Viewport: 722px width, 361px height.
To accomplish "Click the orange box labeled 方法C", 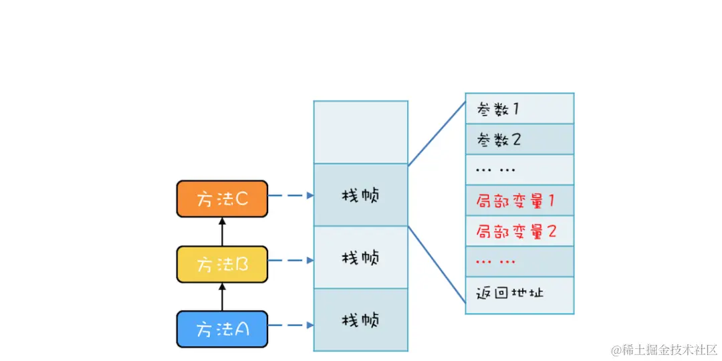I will point(222,199).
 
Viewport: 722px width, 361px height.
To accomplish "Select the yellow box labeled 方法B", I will point(222,264).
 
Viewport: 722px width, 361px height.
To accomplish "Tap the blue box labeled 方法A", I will point(222,329).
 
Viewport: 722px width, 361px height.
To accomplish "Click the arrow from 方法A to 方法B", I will point(223,297).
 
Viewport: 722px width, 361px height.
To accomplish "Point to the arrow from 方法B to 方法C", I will point(223,231).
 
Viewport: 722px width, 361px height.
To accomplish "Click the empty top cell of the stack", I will point(360,132).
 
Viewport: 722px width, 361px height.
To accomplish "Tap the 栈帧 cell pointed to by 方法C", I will point(360,195).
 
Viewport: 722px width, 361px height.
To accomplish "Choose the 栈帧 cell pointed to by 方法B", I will point(360,257).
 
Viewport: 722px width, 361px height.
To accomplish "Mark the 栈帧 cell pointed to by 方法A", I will point(360,320).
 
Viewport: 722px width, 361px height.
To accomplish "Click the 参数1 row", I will point(519,108).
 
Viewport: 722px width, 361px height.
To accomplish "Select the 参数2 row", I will point(519,139).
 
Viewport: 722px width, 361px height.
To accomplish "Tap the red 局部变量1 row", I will point(519,200).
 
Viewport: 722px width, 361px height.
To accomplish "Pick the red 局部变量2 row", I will point(519,231).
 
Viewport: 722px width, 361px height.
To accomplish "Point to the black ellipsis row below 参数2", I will point(519,170).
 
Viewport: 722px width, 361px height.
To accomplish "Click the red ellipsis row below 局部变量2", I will point(519,261).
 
